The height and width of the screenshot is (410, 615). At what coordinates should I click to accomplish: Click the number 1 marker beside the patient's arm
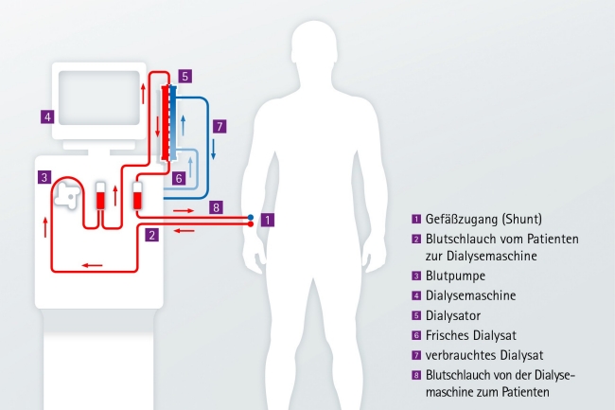point(268,220)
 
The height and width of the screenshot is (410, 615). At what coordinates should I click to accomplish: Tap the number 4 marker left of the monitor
point(46,117)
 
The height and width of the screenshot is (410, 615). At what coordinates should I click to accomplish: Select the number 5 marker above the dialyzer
point(185,75)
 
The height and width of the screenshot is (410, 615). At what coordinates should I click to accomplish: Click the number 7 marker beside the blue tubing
point(219,125)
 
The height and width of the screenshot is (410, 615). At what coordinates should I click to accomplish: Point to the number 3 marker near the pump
point(44,177)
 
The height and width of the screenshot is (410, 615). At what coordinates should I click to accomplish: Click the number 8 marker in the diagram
point(216,207)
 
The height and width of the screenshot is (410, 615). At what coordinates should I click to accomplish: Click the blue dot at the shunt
point(251,218)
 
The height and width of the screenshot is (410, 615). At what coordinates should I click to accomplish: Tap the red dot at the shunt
point(251,225)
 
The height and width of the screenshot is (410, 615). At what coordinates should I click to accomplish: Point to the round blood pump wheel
point(65,194)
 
